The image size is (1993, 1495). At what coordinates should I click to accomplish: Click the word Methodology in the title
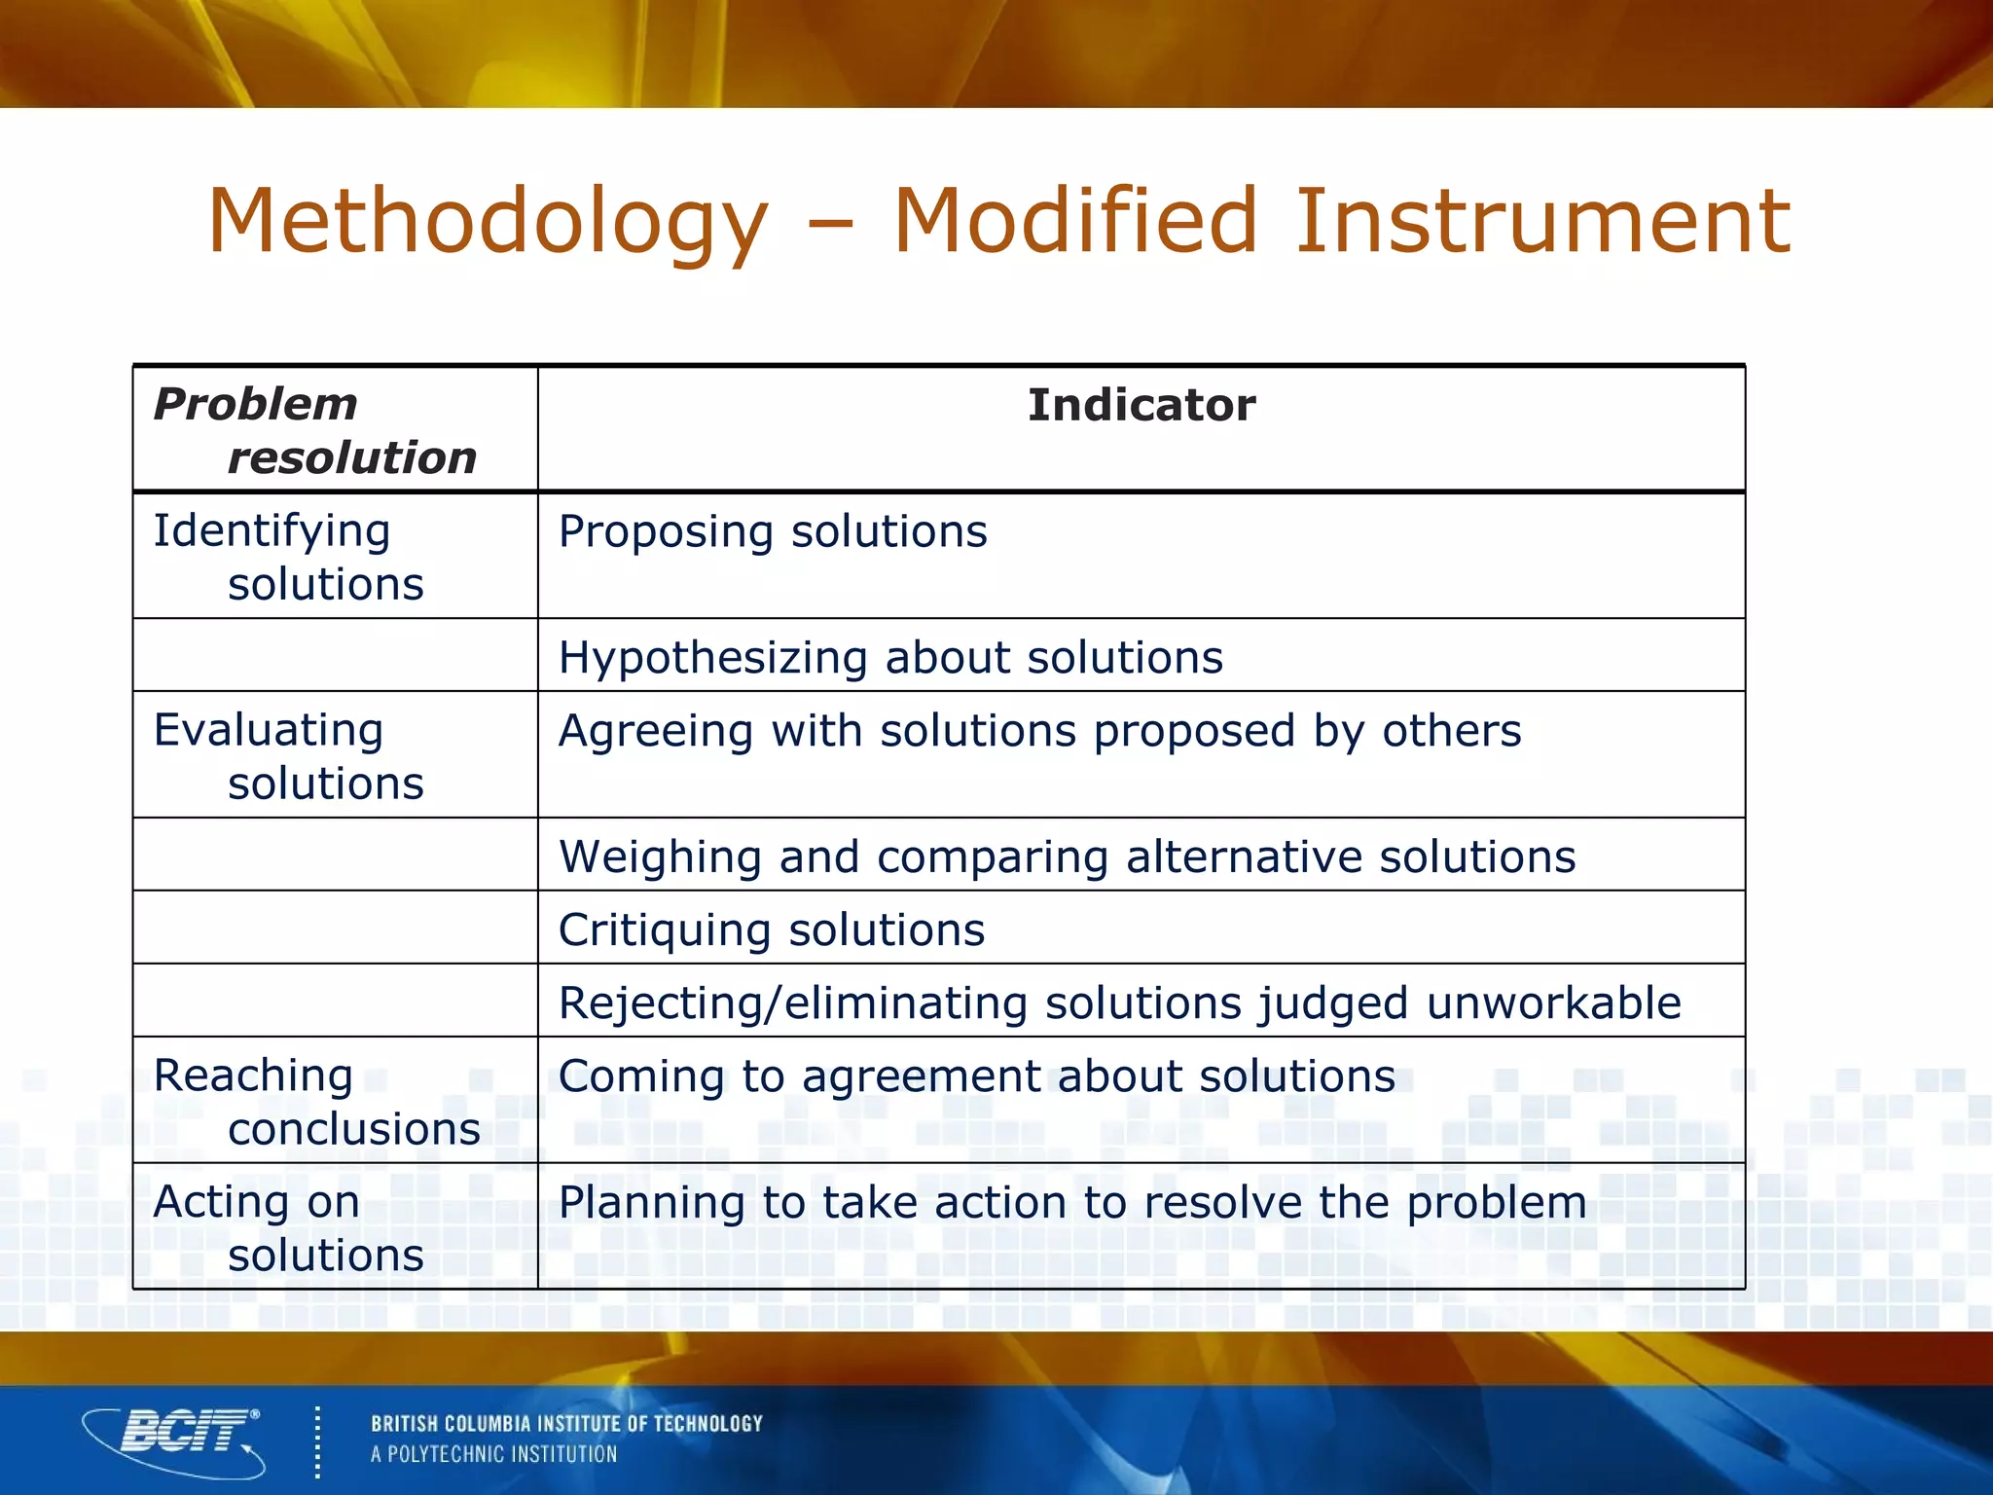tap(487, 222)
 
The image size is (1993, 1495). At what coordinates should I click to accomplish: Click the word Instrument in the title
tap(1541, 222)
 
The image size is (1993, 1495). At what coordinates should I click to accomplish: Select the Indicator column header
tap(1141, 405)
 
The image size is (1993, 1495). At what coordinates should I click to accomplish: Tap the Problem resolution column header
tap(313, 430)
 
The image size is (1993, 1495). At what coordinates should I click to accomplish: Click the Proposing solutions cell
tap(773, 532)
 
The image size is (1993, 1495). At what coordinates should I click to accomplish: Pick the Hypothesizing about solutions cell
tap(889, 658)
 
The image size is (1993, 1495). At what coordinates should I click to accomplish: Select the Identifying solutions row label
tap(288, 557)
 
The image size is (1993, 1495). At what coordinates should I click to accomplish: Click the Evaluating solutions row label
tap(288, 756)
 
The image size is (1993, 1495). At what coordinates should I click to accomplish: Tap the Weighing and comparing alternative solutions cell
tap(1067, 857)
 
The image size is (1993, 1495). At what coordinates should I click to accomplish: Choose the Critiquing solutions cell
tap(771, 930)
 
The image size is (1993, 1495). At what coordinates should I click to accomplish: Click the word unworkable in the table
tap(1553, 1003)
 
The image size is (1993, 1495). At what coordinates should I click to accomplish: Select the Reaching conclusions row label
tap(315, 1102)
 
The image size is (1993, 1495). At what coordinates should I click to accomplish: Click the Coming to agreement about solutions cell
tap(976, 1077)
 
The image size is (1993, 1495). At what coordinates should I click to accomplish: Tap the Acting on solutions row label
tap(288, 1228)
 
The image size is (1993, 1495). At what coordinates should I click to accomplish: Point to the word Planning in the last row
tap(652, 1204)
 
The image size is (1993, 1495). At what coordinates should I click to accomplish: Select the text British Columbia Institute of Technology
tap(566, 1424)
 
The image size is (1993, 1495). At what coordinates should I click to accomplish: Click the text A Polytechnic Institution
tap(493, 1455)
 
